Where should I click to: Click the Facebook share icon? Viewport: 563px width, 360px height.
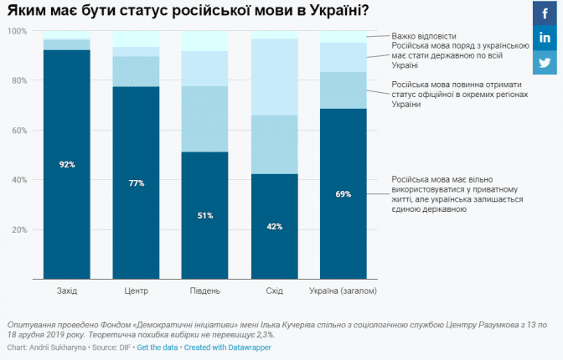point(545,13)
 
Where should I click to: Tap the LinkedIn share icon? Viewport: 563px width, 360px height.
point(545,38)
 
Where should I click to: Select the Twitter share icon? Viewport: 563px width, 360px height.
point(545,63)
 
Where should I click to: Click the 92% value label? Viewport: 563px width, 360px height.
point(67,164)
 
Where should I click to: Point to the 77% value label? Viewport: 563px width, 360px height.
point(136,183)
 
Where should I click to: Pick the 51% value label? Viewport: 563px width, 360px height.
point(204,215)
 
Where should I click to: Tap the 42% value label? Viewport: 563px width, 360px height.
point(274,226)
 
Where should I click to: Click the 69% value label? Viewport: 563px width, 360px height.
point(343,194)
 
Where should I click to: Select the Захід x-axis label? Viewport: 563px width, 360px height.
point(67,291)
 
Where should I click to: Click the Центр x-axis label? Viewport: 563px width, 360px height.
point(136,291)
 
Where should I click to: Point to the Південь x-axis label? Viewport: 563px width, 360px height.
point(204,291)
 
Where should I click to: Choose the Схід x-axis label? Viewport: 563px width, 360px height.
point(274,291)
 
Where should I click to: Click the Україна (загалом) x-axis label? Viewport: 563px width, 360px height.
point(343,291)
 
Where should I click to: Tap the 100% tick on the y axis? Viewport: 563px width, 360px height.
point(18,31)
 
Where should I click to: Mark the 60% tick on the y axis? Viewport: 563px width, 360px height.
point(19,131)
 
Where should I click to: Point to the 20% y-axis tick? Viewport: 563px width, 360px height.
point(19,229)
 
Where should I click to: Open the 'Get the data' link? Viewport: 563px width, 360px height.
point(158,347)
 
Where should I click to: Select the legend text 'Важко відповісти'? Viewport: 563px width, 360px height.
point(423,36)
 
